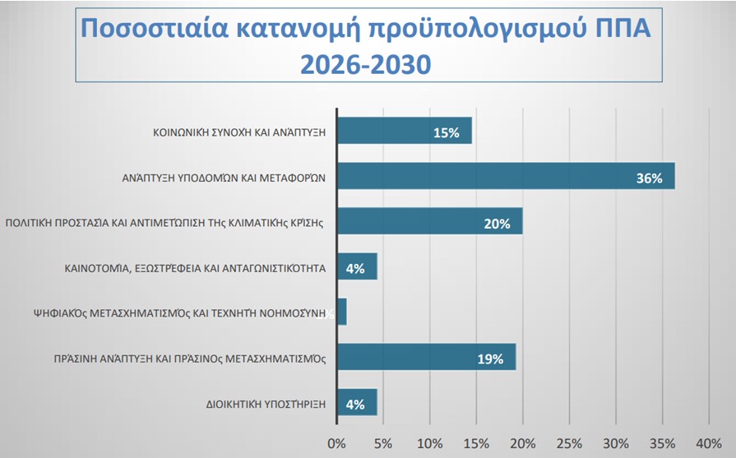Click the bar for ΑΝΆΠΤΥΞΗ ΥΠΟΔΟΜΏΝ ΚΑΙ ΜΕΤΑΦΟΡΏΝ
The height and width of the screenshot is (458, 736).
pyautogui.click(x=506, y=176)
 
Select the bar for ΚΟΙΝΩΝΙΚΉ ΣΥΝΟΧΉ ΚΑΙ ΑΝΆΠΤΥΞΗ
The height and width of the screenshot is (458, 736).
pyautogui.click(x=405, y=131)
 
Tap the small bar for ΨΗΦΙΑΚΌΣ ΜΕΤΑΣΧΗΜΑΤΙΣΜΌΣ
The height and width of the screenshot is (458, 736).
pyautogui.click(x=342, y=312)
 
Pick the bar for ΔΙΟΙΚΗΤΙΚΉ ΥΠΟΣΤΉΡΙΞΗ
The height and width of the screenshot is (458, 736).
pyautogui.click(x=357, y=403)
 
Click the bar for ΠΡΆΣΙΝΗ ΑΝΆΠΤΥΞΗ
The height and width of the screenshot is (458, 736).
pyautogui.click(x=427, y=357)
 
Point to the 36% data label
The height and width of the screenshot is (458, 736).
pyautogui.click(x=649, y=178)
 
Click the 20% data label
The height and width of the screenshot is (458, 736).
pyautogui.click(x=497, y=223)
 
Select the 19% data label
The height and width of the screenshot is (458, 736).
pyautogui.click(x=490, y=358)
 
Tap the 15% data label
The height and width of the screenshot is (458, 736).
pyautogui.click(x=446, y=132)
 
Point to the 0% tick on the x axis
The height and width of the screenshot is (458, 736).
pyautogui.click(x=336, y=443)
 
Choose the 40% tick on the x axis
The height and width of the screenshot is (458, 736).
pyautogui.click(x=709, y=443)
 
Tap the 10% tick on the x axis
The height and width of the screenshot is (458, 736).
pyautogui.click(x=429, y=443)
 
